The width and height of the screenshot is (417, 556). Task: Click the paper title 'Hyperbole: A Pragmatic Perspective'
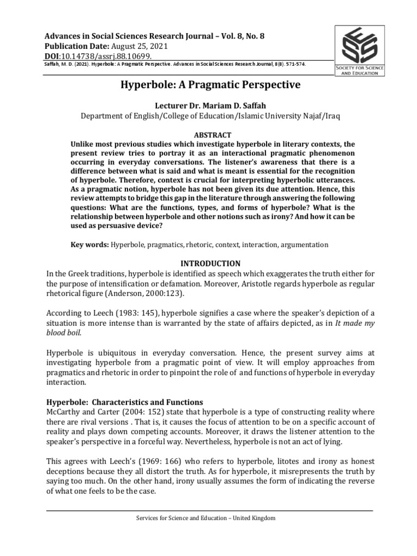(208, 85)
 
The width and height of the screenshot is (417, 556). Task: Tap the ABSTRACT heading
(208, 135)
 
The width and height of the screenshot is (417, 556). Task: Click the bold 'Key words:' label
(90, 245)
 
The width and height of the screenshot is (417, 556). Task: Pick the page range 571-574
(293, 64)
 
